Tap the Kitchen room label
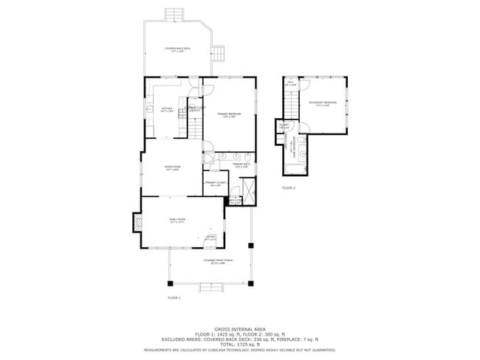[x=166, y=111]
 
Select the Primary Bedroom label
[x=229, y=115]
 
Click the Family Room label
[x=177, y=220]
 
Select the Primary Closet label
[x=214, y=183]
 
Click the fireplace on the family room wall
[x=136, y=222]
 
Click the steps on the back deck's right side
[x=218, y=53]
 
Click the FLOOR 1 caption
[x=174, y=297]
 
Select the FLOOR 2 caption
[x=288, y=188]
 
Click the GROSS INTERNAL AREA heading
[x=240, y=329]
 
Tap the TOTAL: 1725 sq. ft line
[x=240, y=345]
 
